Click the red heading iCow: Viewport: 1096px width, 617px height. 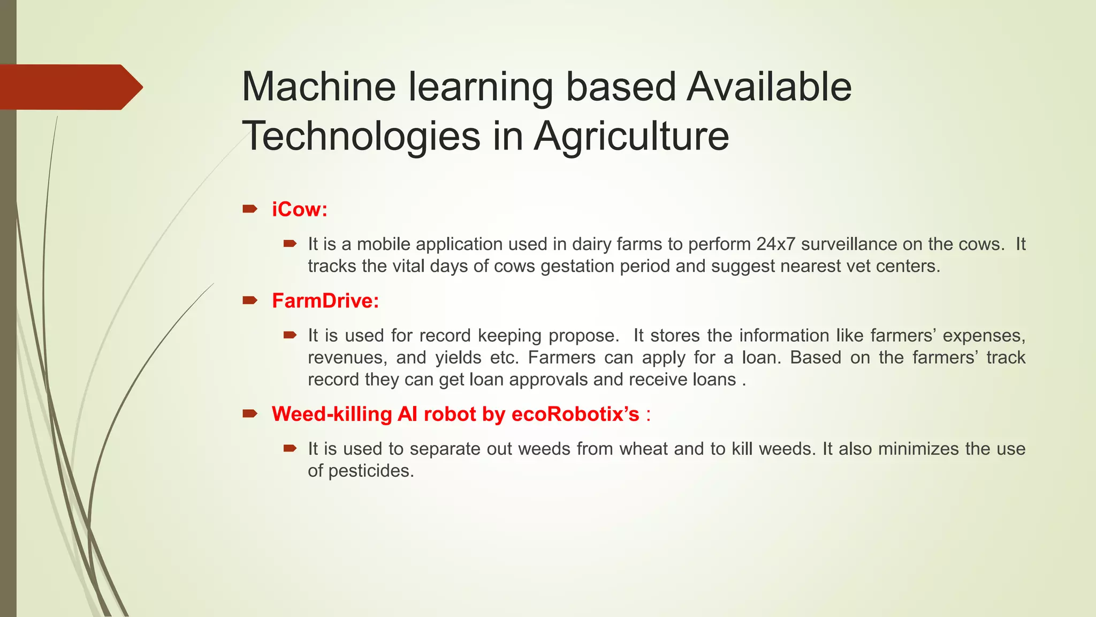pos(299,209)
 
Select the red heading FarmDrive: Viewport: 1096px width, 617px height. pos(325,301)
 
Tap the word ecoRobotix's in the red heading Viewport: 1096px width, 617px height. pos(575,414)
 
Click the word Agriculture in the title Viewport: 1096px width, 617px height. pos(631,136)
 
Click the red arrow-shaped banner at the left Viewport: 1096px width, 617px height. pos(70,87)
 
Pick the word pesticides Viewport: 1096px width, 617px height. pos(370,471)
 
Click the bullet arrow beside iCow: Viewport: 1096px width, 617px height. pos(250,209)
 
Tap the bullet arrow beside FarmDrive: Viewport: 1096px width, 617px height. pos(250,300)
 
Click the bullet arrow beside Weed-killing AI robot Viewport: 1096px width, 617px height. pos(250,413)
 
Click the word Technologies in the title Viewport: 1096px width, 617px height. pos(361,136)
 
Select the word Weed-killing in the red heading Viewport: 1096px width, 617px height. pos(332,414)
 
